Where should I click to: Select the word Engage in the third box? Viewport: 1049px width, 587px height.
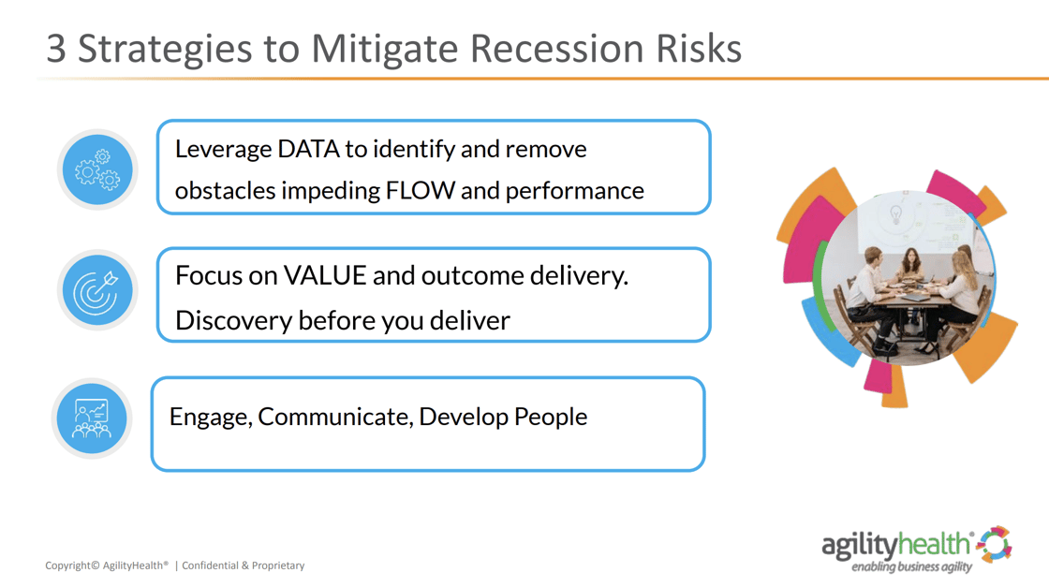click(x=210, y=417)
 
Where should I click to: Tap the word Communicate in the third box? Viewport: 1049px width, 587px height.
click(x=334, y=417)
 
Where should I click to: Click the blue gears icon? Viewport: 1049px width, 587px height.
click(x=97, y=170)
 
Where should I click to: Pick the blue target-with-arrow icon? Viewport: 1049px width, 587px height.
click(x=97, y=292)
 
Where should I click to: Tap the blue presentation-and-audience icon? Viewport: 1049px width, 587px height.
click(x=92, y=418)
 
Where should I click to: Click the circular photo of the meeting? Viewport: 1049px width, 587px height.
click(x=904, y=281)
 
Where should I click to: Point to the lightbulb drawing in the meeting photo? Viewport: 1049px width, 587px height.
click(x=895, y=215)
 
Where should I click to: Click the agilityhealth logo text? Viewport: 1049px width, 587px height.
click(x=896, y=544)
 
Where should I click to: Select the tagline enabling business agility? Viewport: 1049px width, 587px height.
click(x=911, y=566)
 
